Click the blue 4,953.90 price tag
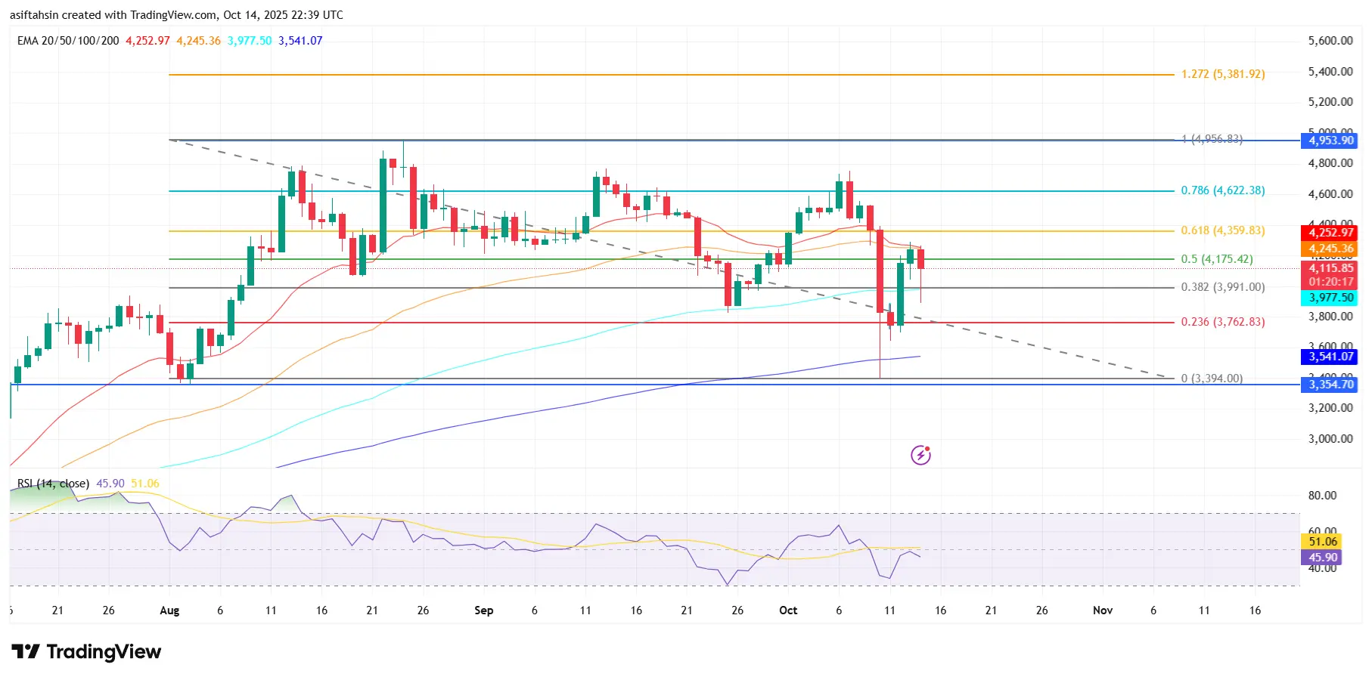pyautogui.click(x=1330, y=141)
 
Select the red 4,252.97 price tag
pyautogui.click(x=1330, y=233)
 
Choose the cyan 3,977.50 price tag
pyautogui.click(x=1330, y=298)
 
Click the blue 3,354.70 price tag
pyautogui.click(x=1330, y=385)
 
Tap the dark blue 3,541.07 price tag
pyautogui.click(x=1330, y=357)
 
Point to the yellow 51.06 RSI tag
pyautogui.click(x=1322, y=541)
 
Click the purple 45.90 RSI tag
pyautogui.click(x=1322, y=558)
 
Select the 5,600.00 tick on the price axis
pyautogui.click(x=1330, y=41)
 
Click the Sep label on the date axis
pyautogui.click(x=483, y=610)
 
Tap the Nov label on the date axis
pyautogui.click(x=1102, y=610)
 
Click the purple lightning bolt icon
pyautogui.click(x=920, y=455)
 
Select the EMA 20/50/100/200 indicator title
pyautogui.click(x=68, y=41)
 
